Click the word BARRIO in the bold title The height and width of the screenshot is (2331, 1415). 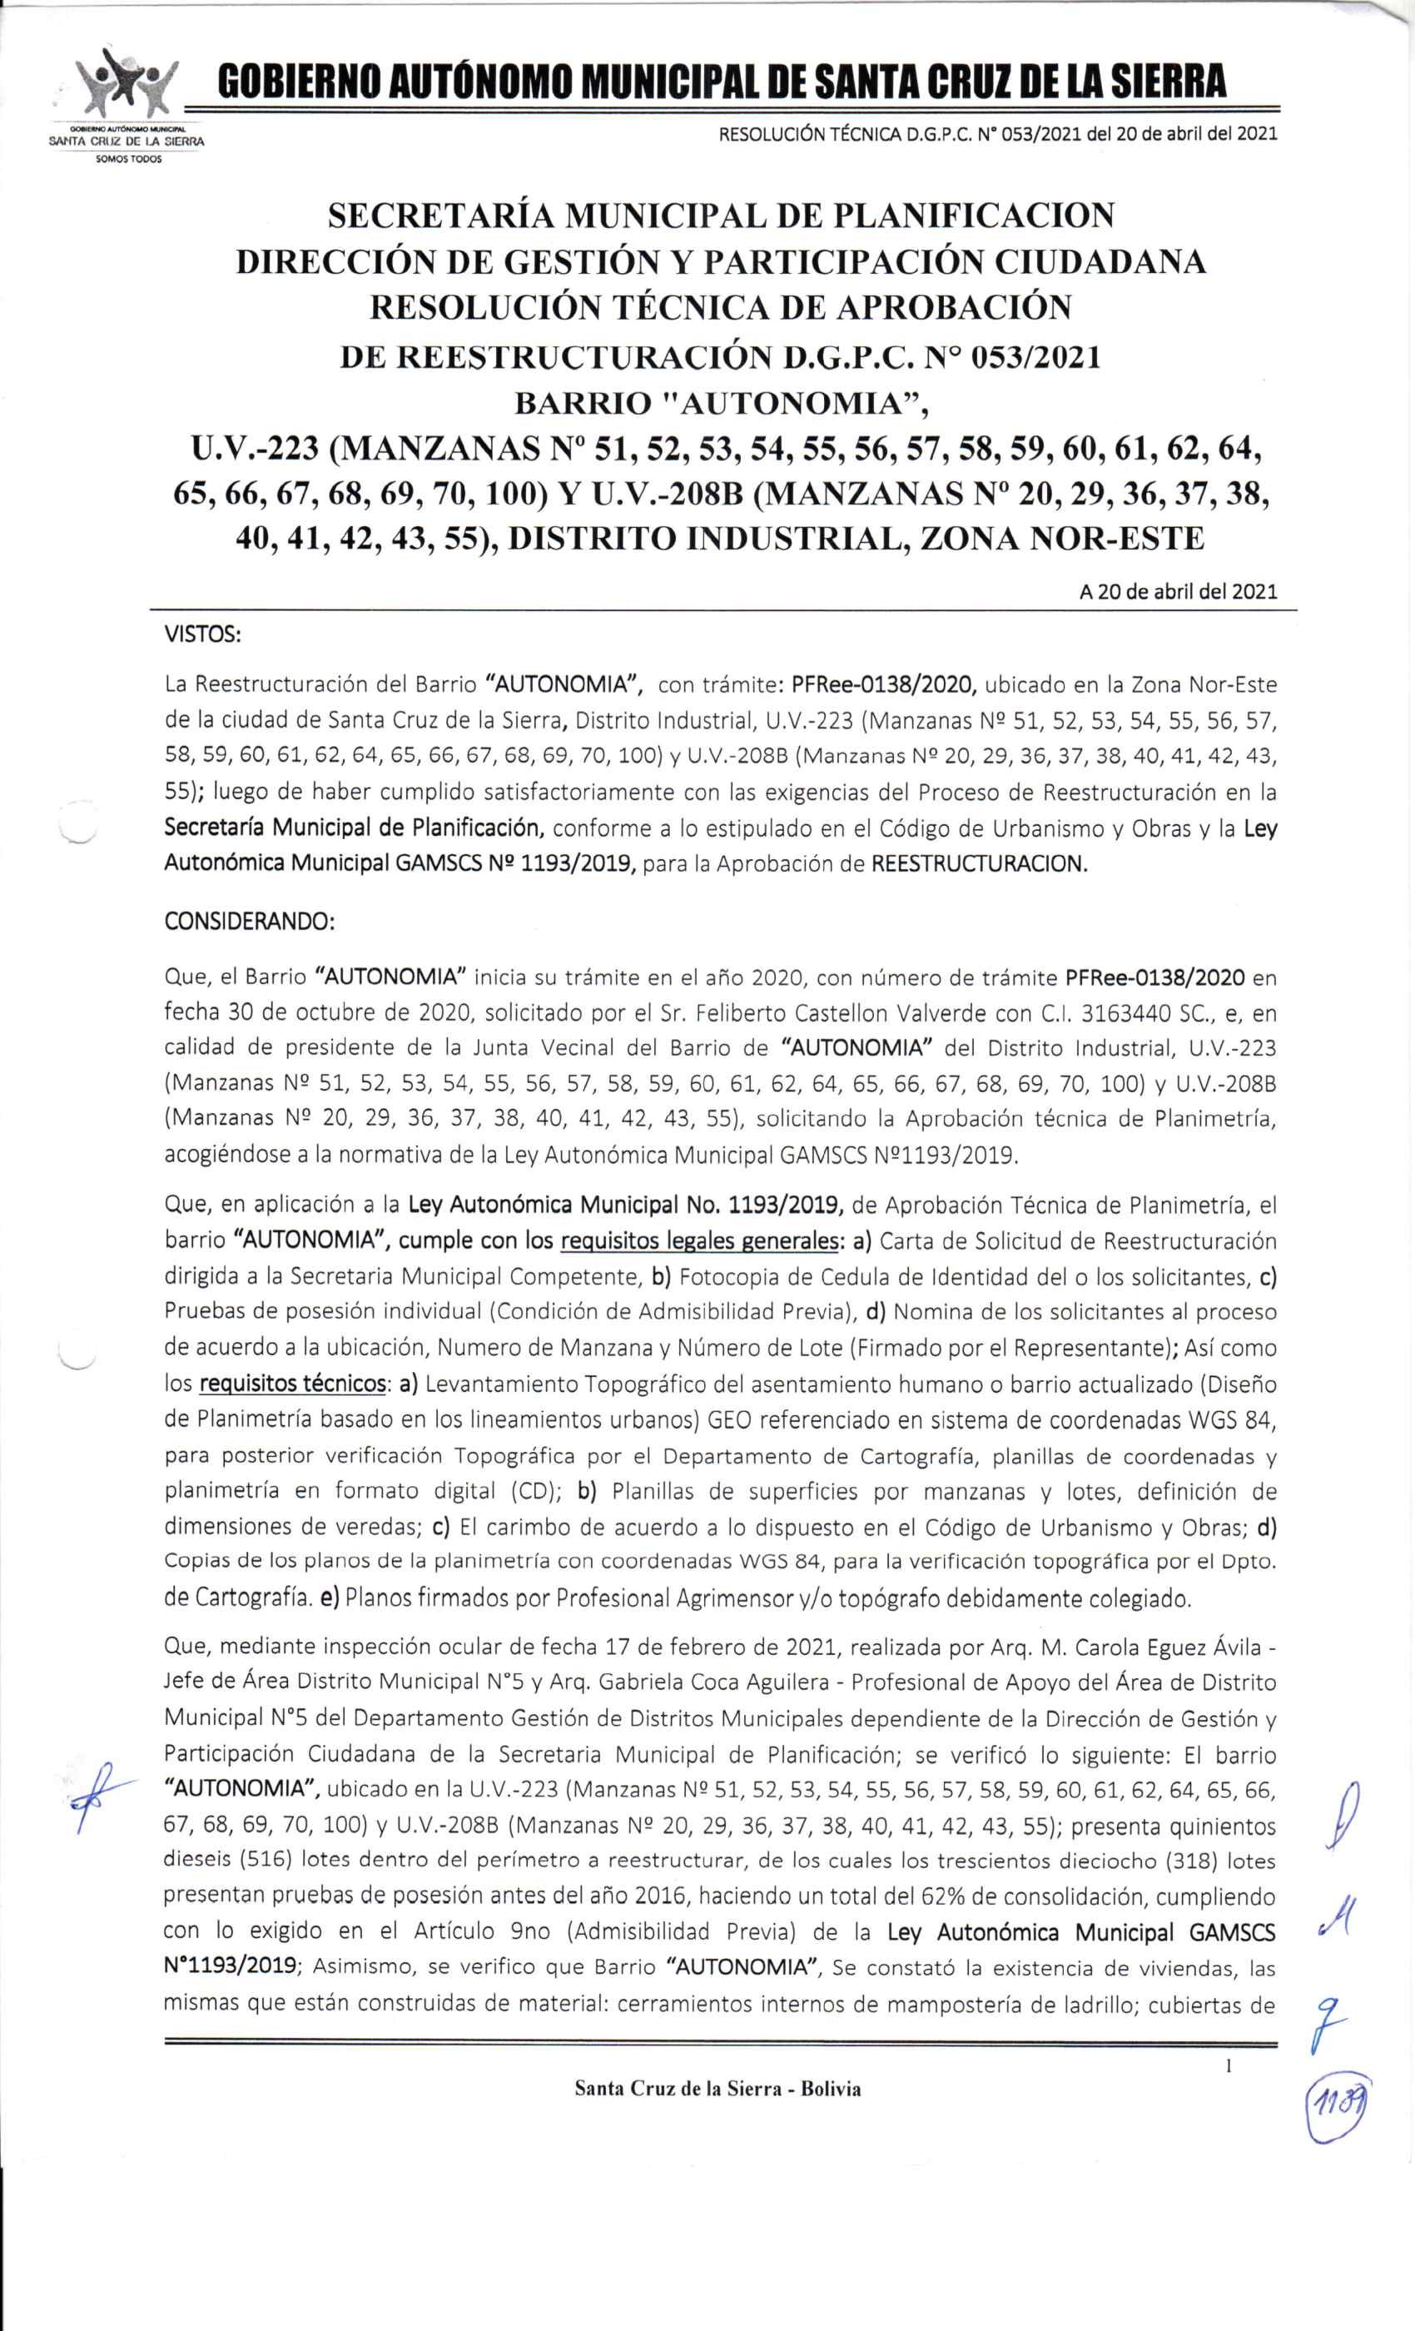point(580,404)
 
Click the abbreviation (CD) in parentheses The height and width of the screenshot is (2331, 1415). point(537,1490)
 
